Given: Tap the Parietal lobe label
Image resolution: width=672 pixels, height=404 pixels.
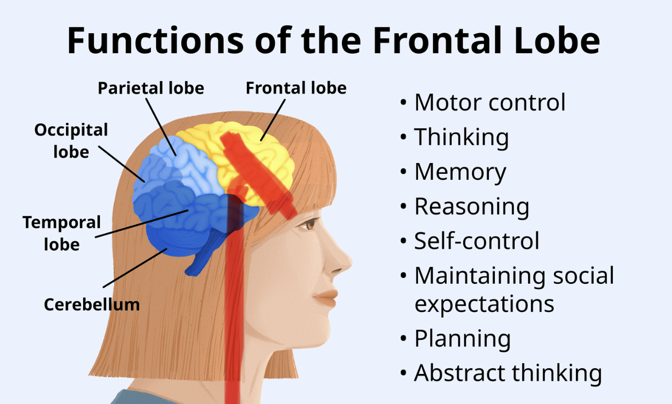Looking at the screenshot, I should point(151,88).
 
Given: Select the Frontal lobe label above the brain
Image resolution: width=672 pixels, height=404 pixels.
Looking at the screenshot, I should point(296,88).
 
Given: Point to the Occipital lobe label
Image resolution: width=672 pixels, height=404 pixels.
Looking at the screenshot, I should point(71,140).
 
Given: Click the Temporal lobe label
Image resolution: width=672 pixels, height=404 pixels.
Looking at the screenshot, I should point(62,233).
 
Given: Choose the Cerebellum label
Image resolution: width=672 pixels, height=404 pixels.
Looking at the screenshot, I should point(92,305).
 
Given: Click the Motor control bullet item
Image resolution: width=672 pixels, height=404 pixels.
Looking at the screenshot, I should point(490,102).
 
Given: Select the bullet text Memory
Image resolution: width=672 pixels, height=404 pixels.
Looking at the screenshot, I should point(460,172).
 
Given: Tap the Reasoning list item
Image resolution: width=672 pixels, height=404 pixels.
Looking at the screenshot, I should point(472,207).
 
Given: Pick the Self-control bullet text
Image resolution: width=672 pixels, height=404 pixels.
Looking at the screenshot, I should point(477,241).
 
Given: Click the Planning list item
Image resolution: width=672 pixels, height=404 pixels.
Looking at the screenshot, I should point(462,339).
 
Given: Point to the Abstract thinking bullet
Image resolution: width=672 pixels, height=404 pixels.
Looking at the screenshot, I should point(508,373).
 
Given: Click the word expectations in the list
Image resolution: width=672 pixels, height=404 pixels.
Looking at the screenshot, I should point(484,304).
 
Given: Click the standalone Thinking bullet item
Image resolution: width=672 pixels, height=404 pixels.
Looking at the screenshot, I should point(461,137).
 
